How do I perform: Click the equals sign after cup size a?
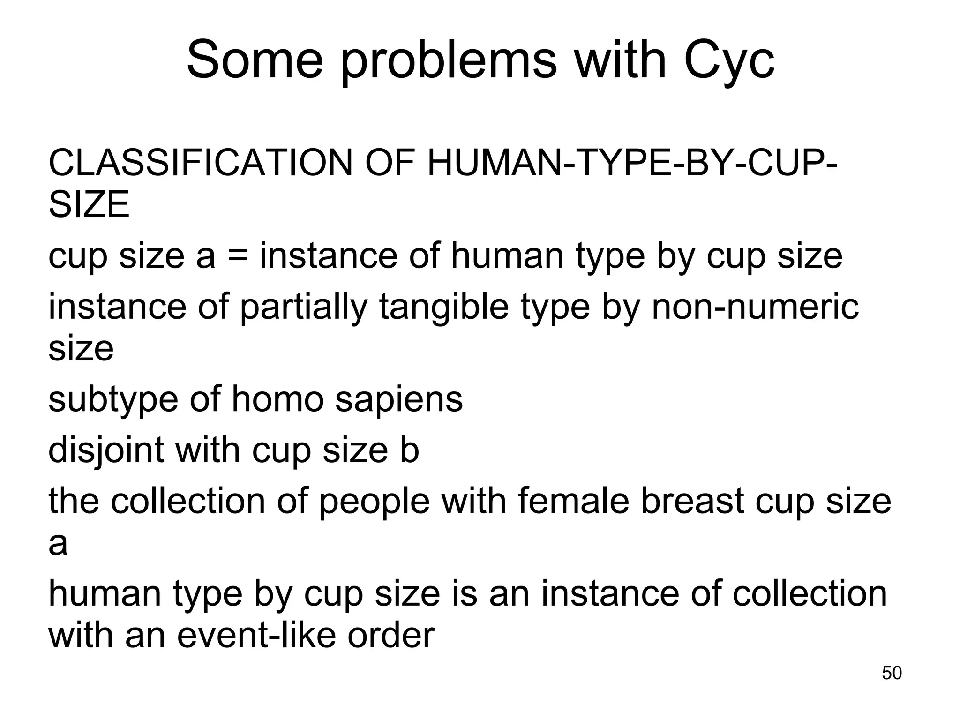(x=238, y=257)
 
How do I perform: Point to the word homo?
(x=278, y=399)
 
